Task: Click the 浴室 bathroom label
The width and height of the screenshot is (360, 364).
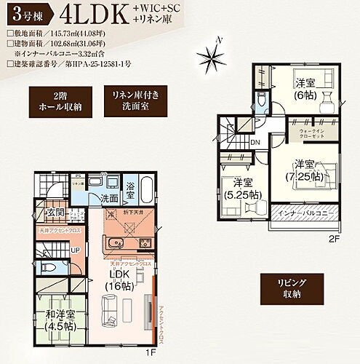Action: tap(129, 186)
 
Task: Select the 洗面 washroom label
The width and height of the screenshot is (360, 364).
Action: tap(110, 198)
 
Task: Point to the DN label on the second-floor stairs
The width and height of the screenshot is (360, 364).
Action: tap(255, 142)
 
